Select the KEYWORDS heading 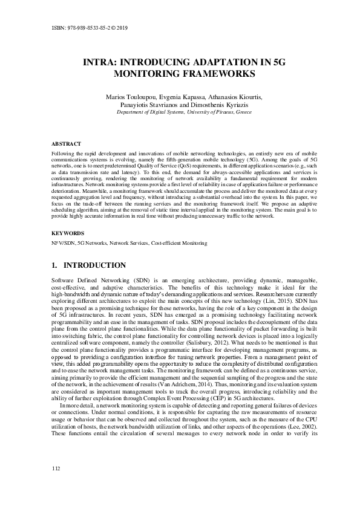point(65,232)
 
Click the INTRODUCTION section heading point(94,265)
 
